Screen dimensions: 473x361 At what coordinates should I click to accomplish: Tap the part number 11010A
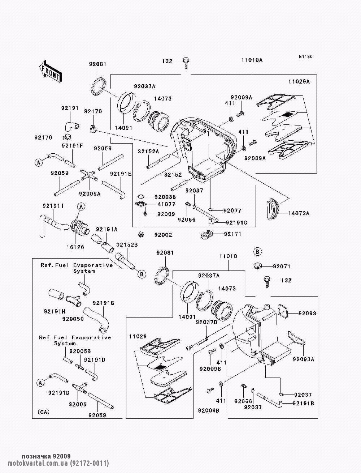point(252,60)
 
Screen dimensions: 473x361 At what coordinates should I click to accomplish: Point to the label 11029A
point(299,81)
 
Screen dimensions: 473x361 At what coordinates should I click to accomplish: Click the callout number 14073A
point(299,213)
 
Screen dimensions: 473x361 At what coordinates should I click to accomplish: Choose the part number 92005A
point(90,193)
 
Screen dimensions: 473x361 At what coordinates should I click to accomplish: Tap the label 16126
point(75,247)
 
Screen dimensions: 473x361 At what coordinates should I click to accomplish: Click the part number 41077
point(166,205)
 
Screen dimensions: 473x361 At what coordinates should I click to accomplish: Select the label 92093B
point(165,197)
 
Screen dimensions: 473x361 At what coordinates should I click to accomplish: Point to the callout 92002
point(163,235)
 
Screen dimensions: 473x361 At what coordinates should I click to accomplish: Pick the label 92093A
point(304,359)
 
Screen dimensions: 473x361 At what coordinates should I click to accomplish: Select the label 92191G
point(103,303)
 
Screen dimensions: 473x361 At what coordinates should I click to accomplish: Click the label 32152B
point(127,245)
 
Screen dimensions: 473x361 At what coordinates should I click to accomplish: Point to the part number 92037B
point(206,322)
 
